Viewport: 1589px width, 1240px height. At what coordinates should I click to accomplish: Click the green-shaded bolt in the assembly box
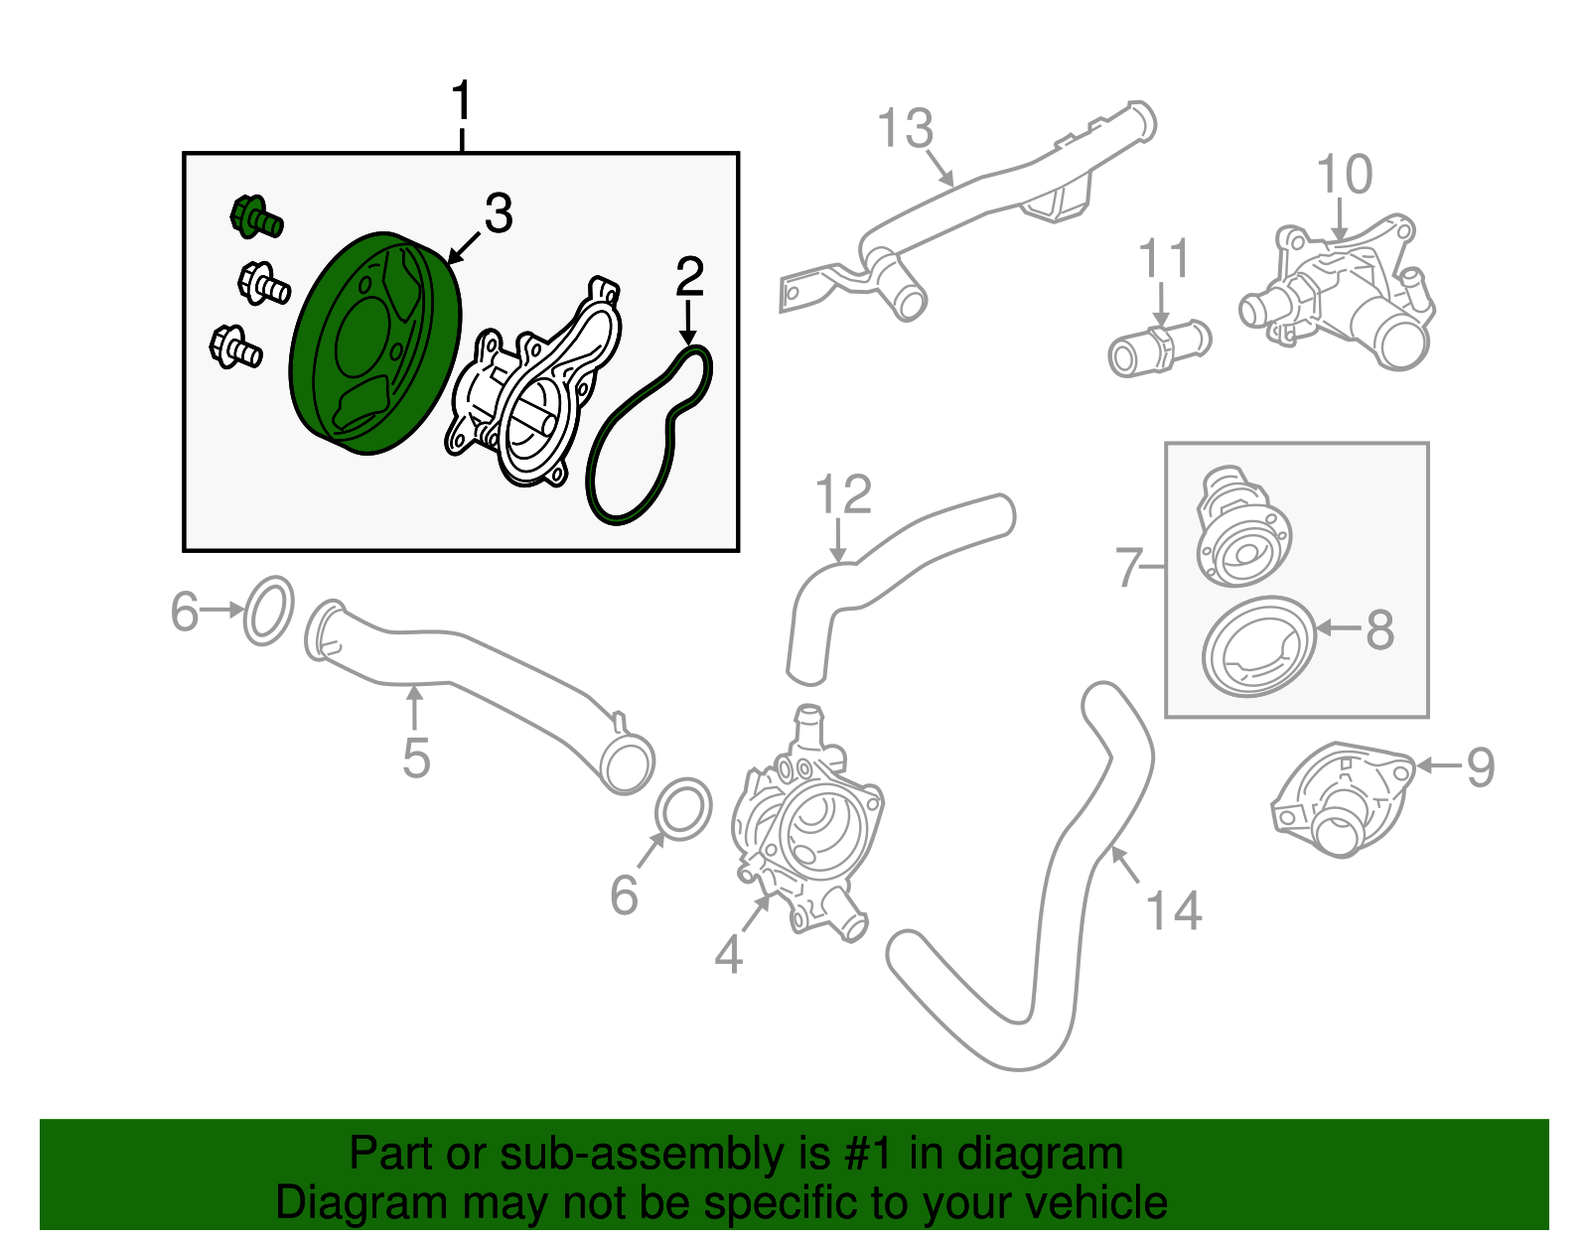click(x=255, y=216)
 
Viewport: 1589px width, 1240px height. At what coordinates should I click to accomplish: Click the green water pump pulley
click(x=375, y=344)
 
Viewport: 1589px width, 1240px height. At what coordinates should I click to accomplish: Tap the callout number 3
click(x=498, y=213)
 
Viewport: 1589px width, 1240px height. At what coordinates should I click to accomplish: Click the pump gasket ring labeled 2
click(x=649, y=436)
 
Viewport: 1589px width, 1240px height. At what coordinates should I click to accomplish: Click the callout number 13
click(x=906, y=129)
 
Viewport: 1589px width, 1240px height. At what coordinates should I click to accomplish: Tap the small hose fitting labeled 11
click(x=1158, y=346)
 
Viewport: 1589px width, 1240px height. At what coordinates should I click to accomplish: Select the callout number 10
click(x=1344, y=175)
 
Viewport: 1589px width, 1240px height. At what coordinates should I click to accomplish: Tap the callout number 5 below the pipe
click(x=416, y=758)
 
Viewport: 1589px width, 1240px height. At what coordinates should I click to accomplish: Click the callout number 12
click(x=843, y=494)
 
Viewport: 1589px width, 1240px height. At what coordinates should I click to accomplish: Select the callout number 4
click(x=728, y=954)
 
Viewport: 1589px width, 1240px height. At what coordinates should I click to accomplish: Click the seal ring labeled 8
click(x=1257, y=646)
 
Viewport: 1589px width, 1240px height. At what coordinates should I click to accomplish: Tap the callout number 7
click(x=1129, y=567)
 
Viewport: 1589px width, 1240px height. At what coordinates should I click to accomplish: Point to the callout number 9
click(x=1480, y=766)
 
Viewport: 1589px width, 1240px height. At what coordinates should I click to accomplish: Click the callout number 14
click(x=1174, y=910)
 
